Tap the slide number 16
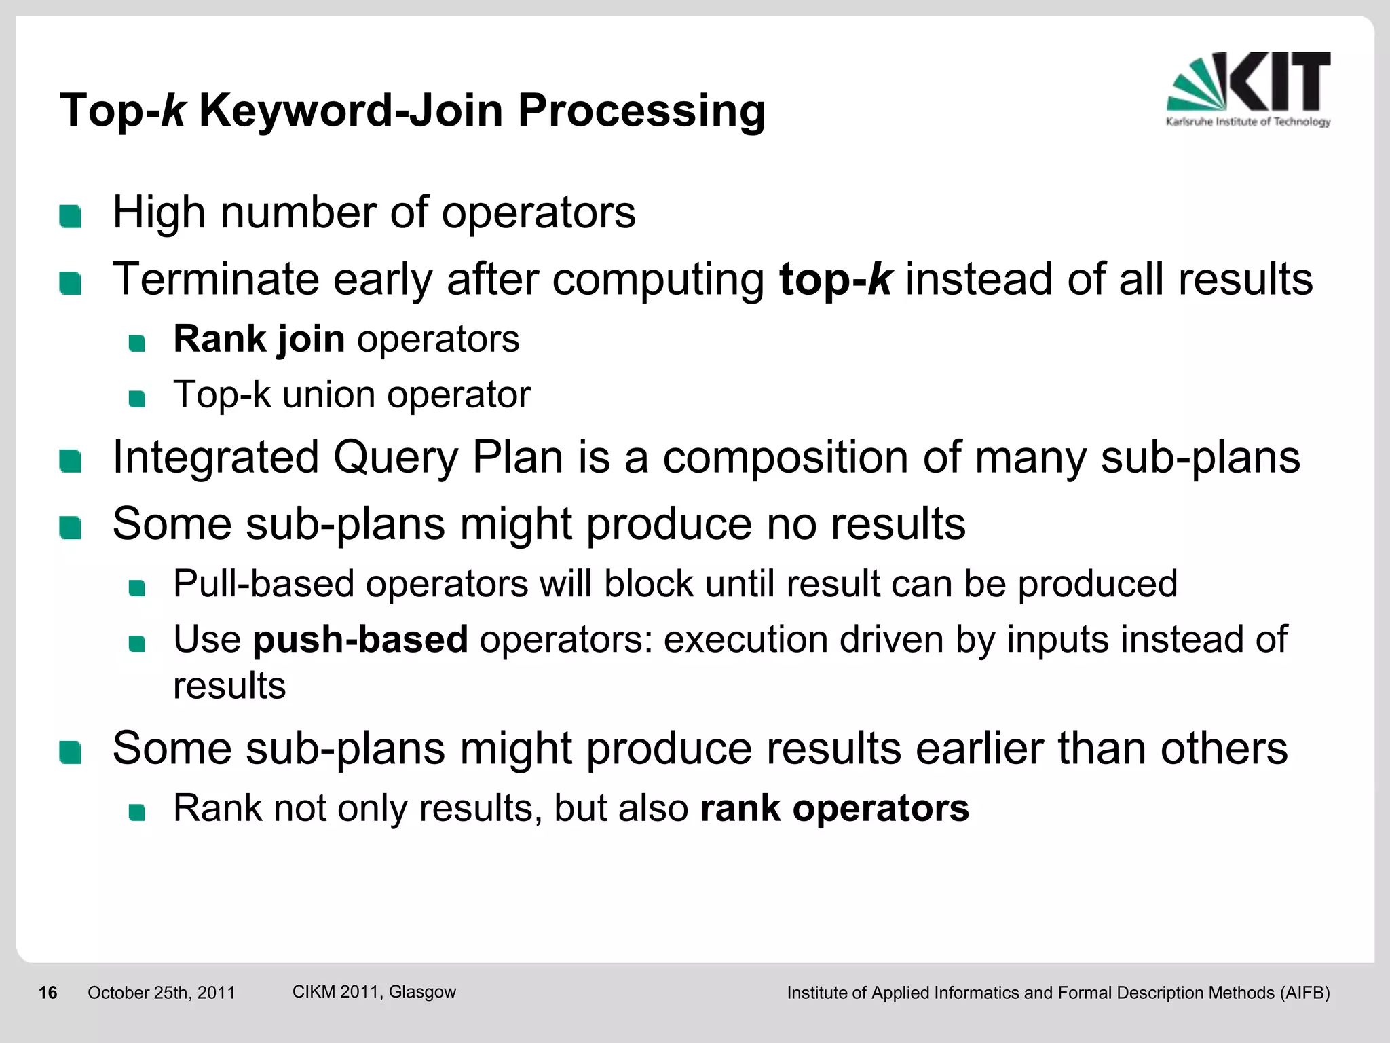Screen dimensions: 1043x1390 [48, 993]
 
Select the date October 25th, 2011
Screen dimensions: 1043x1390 [161, 993]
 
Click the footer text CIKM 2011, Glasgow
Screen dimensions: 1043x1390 [374, 992]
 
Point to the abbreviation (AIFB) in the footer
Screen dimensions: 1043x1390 [1304, 993]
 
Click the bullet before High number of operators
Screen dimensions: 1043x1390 [70, 217]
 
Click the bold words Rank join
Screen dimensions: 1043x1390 [259, 339]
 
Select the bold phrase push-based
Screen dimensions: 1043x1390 [360, 640]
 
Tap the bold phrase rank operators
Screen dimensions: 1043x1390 [834, 808]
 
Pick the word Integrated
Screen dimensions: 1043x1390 [216, 458]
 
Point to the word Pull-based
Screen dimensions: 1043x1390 [263, 584]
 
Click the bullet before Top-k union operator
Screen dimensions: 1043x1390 [137, 399]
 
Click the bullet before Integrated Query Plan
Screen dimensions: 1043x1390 [70, 462]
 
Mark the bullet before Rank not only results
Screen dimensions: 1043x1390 [137, 812]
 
